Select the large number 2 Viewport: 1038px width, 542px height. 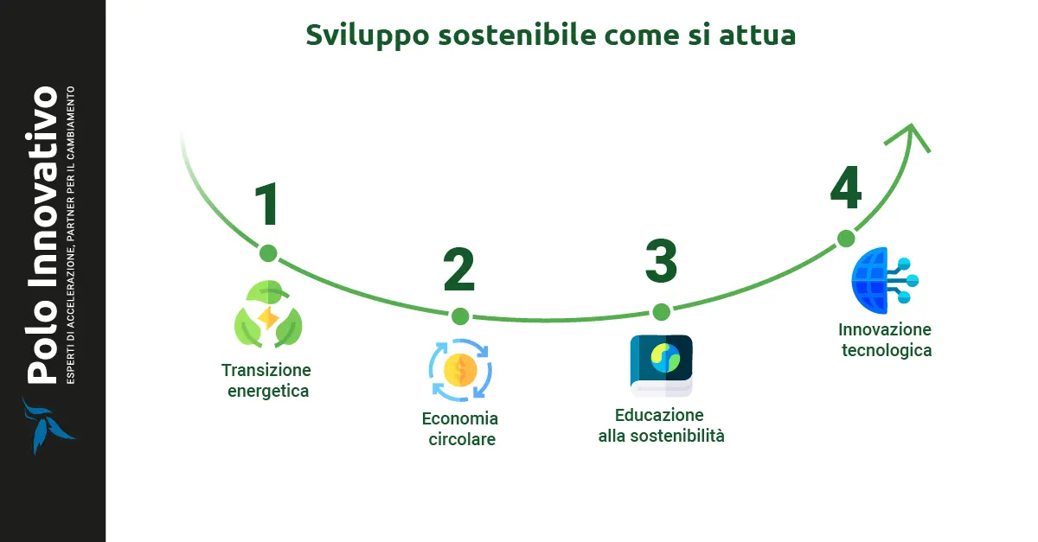459,269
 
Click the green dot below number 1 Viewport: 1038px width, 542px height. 268,253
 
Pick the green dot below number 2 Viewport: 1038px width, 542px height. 460,316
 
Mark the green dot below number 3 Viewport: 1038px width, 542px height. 661,312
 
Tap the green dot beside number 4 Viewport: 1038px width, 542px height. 846,239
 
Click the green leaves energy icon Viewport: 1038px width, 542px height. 268,315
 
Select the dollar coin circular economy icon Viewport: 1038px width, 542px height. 459,370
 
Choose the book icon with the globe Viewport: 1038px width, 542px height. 661,365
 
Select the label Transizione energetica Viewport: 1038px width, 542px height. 266,380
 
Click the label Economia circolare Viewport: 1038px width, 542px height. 460,429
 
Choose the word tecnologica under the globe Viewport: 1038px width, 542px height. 884,351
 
